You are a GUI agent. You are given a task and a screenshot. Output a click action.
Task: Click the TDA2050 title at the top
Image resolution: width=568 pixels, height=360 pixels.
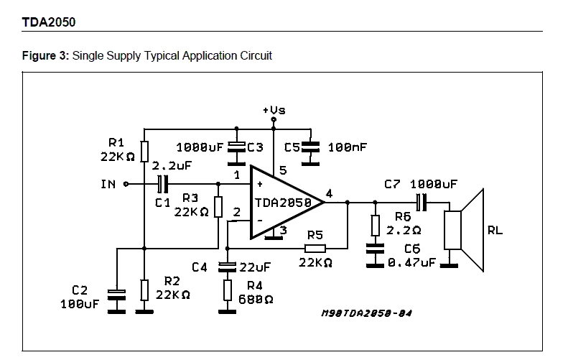point(49,22)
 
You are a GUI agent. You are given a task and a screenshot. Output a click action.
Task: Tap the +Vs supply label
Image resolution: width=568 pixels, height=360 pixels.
point(274,110)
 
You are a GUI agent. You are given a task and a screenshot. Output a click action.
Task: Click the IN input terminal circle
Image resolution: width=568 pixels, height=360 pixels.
point(126,184)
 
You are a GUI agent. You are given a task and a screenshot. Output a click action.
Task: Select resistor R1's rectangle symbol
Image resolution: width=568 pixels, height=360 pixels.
point(144,151)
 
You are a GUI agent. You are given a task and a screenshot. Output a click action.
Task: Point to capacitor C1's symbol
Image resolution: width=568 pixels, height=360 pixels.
point(163,184)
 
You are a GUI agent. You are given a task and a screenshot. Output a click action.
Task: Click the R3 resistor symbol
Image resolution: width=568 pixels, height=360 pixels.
point(218,207)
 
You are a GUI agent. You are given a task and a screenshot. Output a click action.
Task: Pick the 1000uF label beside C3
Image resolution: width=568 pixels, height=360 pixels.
point(200,147)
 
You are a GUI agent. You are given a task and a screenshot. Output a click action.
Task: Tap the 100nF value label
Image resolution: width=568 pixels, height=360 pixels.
point(347,147)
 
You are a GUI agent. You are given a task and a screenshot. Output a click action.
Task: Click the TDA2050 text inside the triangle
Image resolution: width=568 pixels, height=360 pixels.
point(283,203)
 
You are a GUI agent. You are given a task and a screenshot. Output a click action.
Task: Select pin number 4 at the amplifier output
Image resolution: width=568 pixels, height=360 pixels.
point(329,193)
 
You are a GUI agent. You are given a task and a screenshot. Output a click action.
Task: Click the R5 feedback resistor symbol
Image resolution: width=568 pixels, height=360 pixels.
point(315,249)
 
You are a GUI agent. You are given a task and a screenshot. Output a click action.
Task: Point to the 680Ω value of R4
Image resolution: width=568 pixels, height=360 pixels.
point(256,300)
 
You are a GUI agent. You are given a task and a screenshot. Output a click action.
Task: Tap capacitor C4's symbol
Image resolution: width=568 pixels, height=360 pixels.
point(227,267)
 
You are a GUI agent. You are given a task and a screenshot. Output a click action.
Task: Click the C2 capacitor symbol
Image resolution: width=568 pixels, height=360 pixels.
point(116,295)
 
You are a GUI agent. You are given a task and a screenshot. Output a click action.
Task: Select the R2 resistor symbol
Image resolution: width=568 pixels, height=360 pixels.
point(144,290)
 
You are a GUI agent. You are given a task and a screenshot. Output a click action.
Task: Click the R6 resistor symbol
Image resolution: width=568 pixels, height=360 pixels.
point(376,226)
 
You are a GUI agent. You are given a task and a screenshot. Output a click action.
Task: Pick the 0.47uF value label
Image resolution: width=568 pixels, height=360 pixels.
point(411,262)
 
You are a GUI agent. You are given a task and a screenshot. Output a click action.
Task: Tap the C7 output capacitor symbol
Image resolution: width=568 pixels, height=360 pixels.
point(422,203)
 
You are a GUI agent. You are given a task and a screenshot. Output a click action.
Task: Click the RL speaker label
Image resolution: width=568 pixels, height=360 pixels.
point(495,230)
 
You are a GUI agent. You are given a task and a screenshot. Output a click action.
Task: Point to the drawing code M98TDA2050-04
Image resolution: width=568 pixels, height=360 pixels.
point(367,313)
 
